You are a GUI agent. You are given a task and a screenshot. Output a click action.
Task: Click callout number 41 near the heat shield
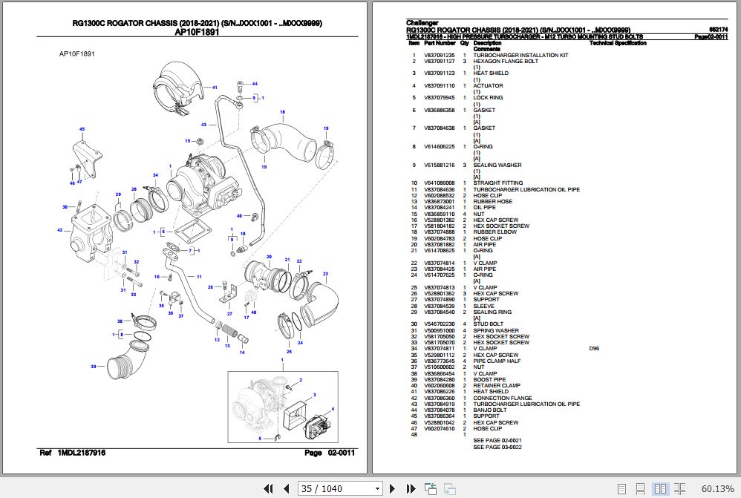215,88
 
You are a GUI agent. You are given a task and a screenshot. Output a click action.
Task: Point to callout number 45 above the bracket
82,129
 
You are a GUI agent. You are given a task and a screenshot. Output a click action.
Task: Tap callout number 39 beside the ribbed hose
93,367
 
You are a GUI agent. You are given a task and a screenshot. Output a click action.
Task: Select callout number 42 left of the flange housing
60,230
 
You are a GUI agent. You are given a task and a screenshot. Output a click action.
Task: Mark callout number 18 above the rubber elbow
282,112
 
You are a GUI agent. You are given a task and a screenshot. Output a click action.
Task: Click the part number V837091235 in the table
439,56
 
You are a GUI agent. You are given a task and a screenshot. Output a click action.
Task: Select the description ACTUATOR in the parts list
488,86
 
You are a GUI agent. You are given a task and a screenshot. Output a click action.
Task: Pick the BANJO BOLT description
491,410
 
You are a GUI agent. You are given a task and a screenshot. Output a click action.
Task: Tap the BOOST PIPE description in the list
489,380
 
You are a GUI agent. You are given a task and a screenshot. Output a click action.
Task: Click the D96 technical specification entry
594,349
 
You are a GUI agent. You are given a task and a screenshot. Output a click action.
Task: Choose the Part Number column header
440,44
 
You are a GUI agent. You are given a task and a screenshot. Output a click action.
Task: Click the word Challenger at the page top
422,23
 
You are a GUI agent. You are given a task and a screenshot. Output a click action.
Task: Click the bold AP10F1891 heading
198,33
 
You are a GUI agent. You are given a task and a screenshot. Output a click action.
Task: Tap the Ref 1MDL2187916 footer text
72,453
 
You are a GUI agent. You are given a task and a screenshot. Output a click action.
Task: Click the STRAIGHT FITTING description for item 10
497,183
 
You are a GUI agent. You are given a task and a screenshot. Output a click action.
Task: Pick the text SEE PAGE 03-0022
497,447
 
